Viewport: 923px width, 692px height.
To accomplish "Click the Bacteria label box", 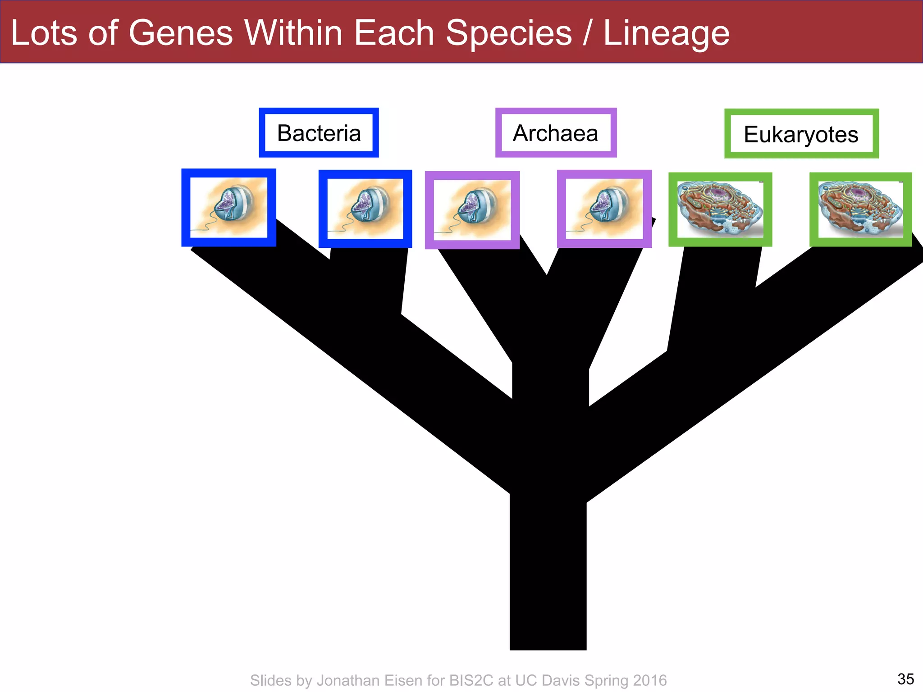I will (x=319, y=133).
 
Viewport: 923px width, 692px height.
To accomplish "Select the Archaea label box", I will (x=556, y=133).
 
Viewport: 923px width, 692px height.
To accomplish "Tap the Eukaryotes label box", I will (x=801, y=134).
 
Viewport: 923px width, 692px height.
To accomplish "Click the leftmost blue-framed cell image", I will (x=228, y=208).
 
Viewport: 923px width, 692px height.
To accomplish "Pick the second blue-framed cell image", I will (x=365, y=209).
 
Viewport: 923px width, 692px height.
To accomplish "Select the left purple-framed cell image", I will (x=472, y=210).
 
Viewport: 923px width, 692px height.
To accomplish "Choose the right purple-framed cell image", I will (x=604, y=209).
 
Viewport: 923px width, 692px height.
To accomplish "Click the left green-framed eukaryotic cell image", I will (x=720, y=209).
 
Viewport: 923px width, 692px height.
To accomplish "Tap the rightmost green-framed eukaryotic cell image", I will (x=860, y=209).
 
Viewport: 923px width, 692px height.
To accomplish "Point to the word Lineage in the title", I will (x=666, y=34).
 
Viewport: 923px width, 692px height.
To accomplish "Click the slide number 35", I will (x=905, y=678).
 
